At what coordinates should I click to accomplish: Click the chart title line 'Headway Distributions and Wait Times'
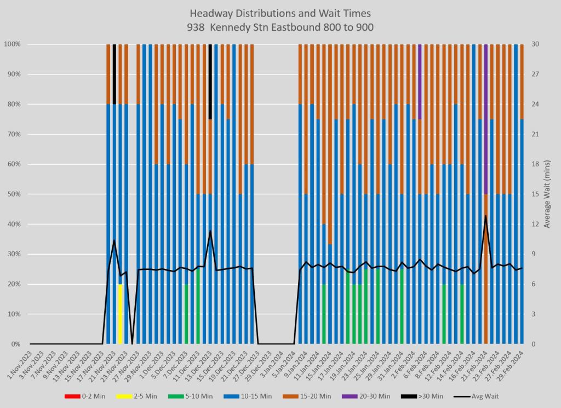[280, 13]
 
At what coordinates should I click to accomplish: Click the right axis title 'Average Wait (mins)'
[546, 194]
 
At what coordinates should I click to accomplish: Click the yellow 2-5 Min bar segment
[121, 314]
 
